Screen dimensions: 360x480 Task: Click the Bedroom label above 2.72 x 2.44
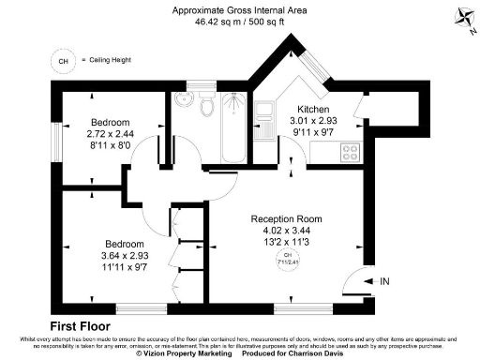pyautogui.click(x=110, y=123)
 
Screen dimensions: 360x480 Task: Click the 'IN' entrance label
pyautogui.click(x=384, y=280)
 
